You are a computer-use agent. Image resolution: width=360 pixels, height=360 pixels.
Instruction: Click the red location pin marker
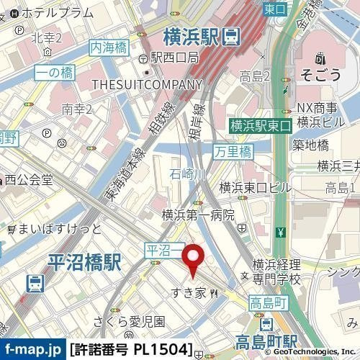point(193,260)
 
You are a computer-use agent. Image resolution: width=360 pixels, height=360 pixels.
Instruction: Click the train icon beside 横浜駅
point(232,35)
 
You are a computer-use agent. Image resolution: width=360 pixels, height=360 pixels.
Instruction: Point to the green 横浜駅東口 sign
point(260,125)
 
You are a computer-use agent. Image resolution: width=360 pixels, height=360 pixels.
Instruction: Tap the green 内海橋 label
point(108,47)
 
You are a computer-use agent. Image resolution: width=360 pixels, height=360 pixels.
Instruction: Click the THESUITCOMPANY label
point(147,85)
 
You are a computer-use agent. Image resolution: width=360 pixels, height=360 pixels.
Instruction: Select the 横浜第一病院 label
point(198,215)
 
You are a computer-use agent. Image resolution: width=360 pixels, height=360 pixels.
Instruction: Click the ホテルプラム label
point(58,13)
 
